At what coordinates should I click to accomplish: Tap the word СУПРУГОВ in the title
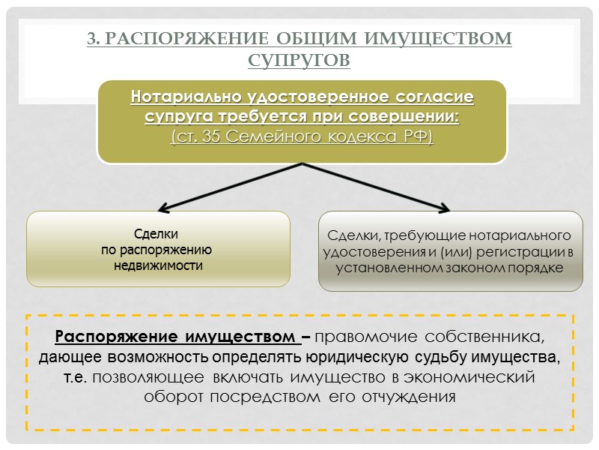pos(299,59)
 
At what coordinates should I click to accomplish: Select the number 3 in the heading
pos(93,38)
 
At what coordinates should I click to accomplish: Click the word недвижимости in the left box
pos(158,265)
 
